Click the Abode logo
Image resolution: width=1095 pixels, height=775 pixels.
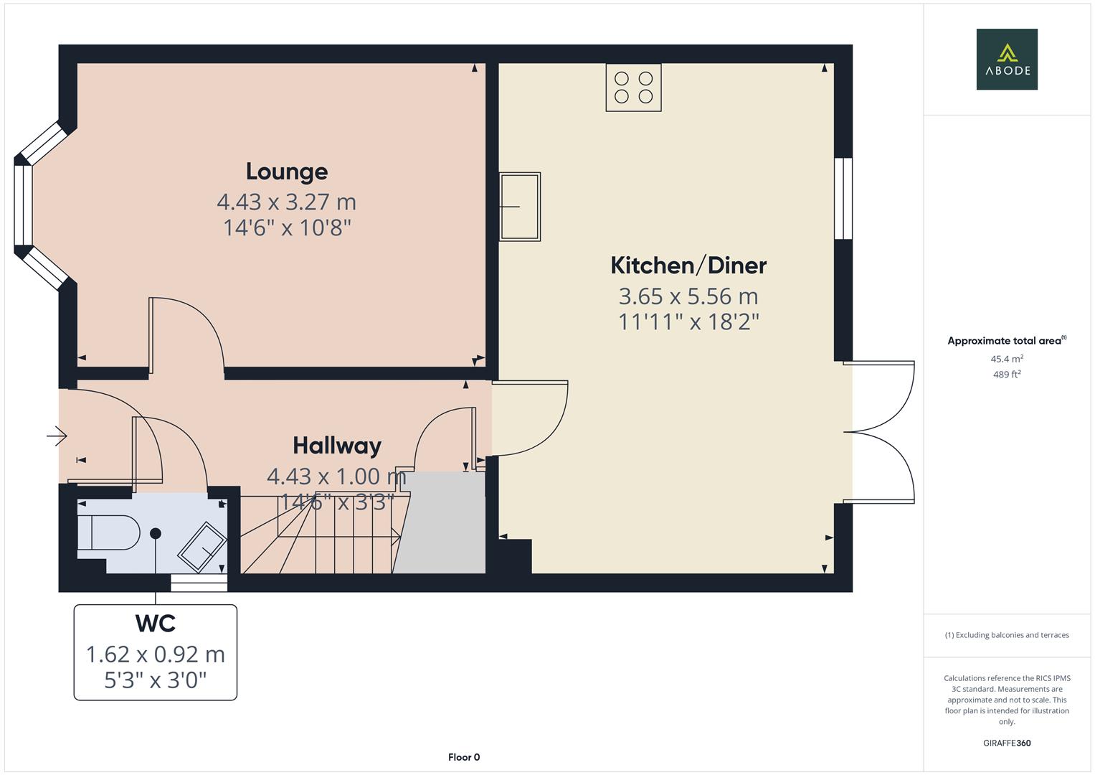pos(1006,60)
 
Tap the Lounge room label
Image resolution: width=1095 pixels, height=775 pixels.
pos(287,172)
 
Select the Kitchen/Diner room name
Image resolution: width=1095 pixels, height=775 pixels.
pos(688,266)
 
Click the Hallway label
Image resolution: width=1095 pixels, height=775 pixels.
pos(337,446)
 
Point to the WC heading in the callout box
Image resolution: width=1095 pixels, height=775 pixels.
pos(156,623)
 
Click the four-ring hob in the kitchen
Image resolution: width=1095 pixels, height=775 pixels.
pos(633,88)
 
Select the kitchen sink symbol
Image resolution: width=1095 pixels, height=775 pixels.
pos(520,207)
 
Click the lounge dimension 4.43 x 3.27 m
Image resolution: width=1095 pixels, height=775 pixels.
pos(287,202)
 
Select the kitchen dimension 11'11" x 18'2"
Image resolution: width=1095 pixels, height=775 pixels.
pos(688,321)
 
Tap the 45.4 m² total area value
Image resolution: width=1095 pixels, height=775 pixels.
pos(1006,359)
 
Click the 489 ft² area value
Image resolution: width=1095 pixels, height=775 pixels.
pos(1006,375)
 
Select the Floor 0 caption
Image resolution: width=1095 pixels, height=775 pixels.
pos(464,757)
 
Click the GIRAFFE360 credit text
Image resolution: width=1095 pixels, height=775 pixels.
pos(1006,743)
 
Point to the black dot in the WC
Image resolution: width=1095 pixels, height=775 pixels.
pos(156,533)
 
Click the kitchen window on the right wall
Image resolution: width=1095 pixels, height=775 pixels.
pos(843,198)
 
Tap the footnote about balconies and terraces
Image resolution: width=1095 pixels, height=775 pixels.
pos(1006,635)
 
